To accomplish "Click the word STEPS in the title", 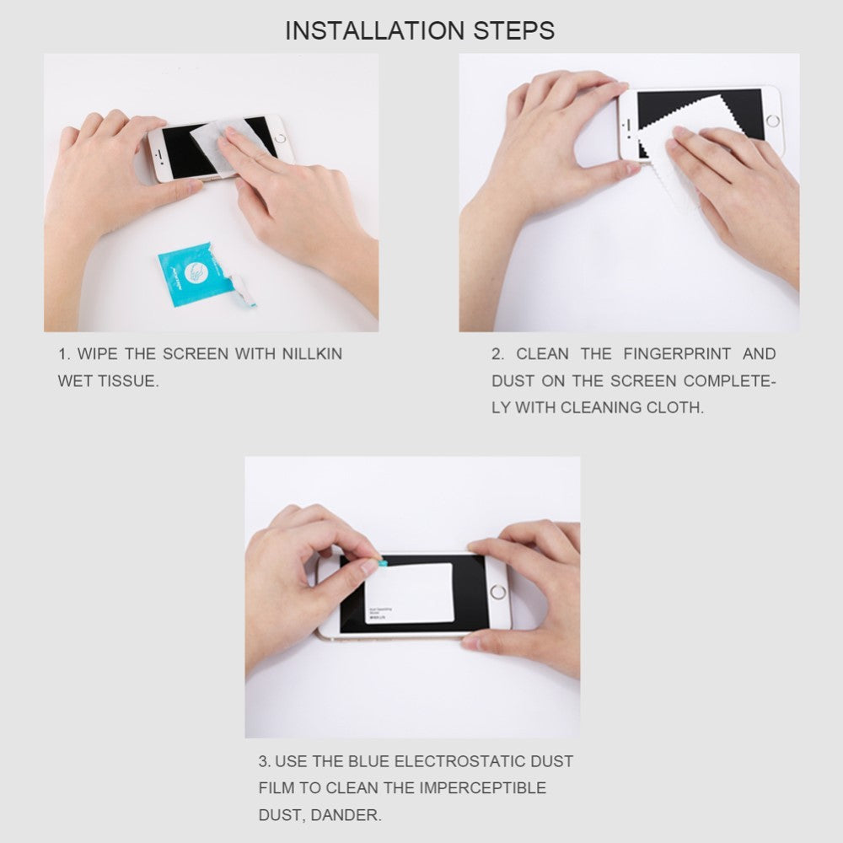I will coord(515,31).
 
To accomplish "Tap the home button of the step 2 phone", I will coord(772,121).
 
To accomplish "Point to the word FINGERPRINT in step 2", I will coord(676,354).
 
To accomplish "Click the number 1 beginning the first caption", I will coord(62,354).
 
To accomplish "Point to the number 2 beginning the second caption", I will coord(497,354).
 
